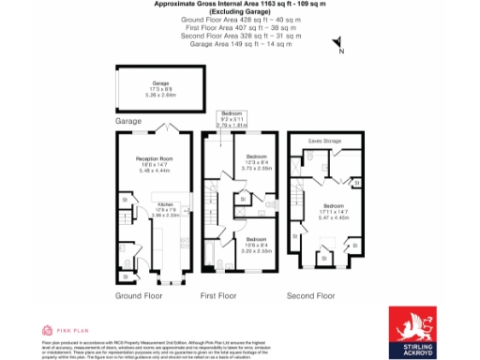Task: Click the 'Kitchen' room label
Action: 165,205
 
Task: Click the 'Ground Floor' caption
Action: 140,295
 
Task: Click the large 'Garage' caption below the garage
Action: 127,121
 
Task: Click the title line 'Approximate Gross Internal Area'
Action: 239,4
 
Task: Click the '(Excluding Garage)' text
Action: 239,10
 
